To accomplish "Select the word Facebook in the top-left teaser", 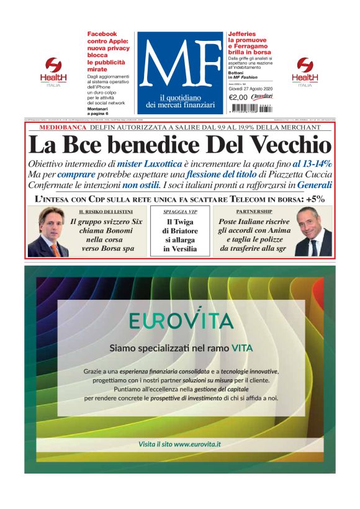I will tap(102, 34).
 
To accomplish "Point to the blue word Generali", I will tap(315, 185).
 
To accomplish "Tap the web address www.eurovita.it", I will tap(197, 444).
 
